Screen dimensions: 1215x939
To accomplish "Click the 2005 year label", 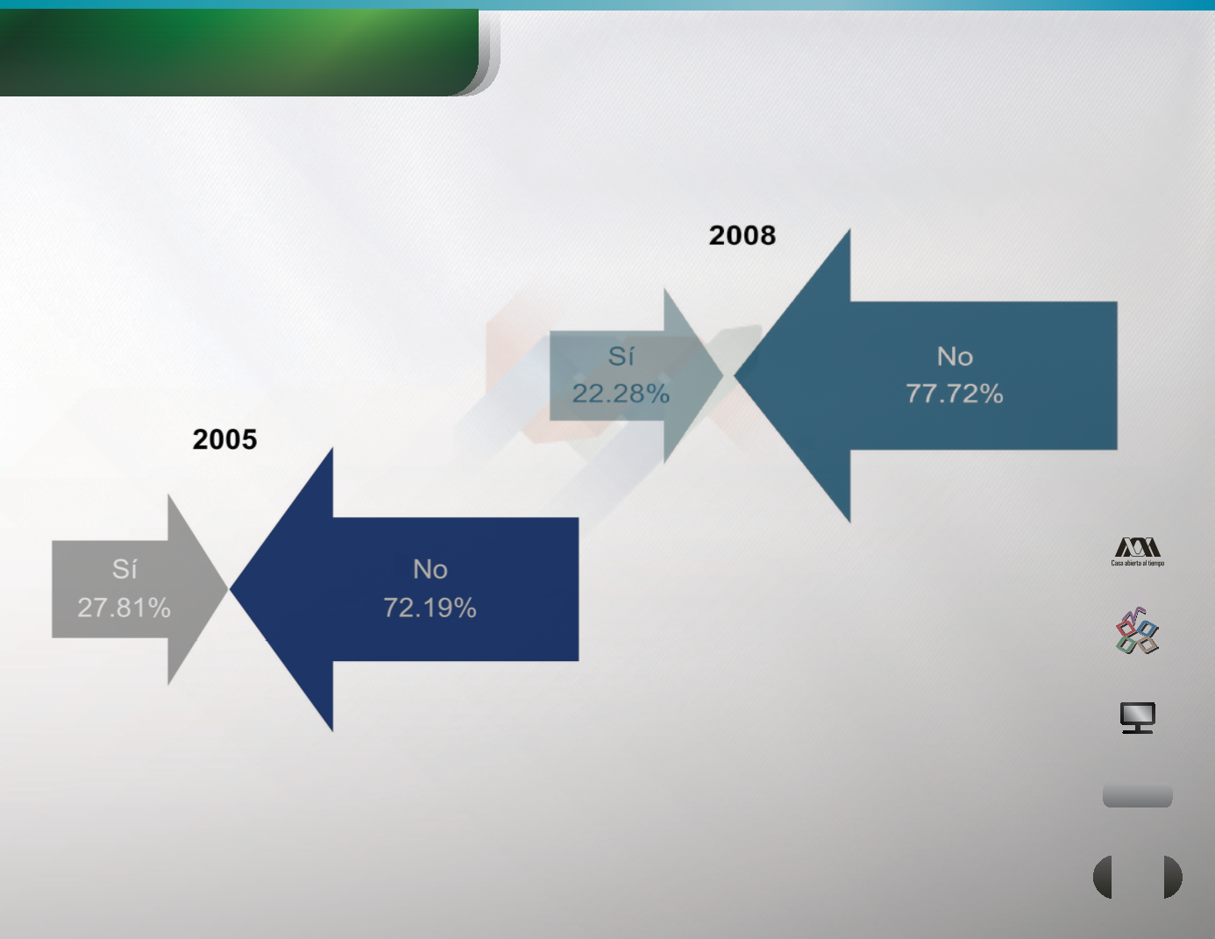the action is coord(224,439).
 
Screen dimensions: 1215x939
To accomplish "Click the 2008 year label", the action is coord(742,236).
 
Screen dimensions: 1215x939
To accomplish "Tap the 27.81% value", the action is coord(124,608).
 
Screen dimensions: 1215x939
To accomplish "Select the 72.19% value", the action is coord(430,608).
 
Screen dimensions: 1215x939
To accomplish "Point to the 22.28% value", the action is coord(621,394).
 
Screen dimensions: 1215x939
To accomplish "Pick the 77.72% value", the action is coord(955,394).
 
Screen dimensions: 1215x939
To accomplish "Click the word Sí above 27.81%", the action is coord(124,569).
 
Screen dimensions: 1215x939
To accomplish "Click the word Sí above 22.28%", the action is coord(621,356).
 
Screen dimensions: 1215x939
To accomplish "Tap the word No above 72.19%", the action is coord(430,570).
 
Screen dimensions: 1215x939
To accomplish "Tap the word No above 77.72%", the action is coord(955,357).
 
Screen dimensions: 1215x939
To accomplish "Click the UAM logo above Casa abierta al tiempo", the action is coord(1137,547).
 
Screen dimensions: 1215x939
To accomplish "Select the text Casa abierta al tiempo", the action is coord(1137,563).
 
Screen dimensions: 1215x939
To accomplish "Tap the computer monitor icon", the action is coord(1138,717).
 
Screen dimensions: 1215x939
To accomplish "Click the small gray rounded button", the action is coord(1137,795).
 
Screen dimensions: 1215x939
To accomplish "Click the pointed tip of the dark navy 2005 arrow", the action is coord(230,588).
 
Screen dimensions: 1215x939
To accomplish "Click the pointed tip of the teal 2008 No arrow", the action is coord(734,376).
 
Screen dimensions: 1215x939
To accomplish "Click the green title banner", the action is coord(239,53).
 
